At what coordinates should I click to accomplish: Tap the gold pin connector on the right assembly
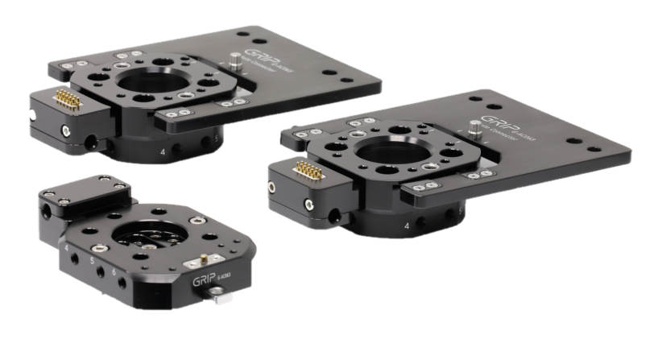coord(304,168)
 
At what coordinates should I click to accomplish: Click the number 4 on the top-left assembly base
coord(166,151)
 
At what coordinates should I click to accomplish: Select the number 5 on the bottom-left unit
coord(93,261)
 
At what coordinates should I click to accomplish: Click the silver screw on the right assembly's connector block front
coord(275,186)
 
